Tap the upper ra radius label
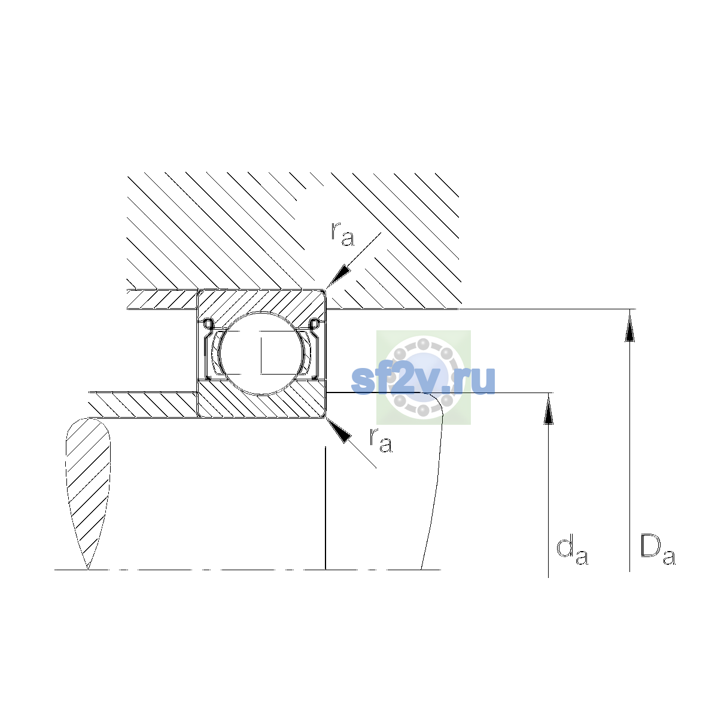pos(342,235)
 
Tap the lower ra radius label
pos(381,441)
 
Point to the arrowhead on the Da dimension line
pos(629,327)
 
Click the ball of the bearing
pos(261,353)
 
